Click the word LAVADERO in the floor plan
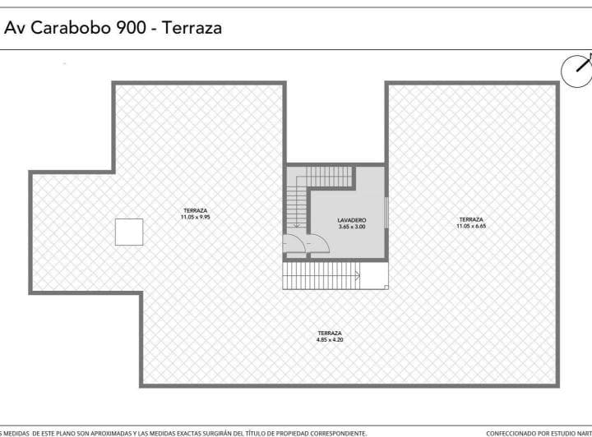pyautogui.click(x=351, y=220)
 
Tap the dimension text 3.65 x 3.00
pyautogui.click(x=351, y=227)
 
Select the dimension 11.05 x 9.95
pyautogui.click(x=196, y=217)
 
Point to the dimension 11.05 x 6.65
pyautogui.click(x=471, y=226)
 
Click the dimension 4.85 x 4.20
pyautogui.click(x=330, y=339)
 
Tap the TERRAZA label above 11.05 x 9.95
pyautogui.click(x=196, y=210)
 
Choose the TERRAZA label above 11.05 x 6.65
pyautogui.click(x=471, y=219)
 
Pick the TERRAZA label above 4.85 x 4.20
pyautogui.click(x=330, y=333)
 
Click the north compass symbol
pyautogui.click(x=577, y=70)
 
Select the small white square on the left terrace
pyautogui.click(x=129, y=232)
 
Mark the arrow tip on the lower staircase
pyautogui.click(x=359, y=276)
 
